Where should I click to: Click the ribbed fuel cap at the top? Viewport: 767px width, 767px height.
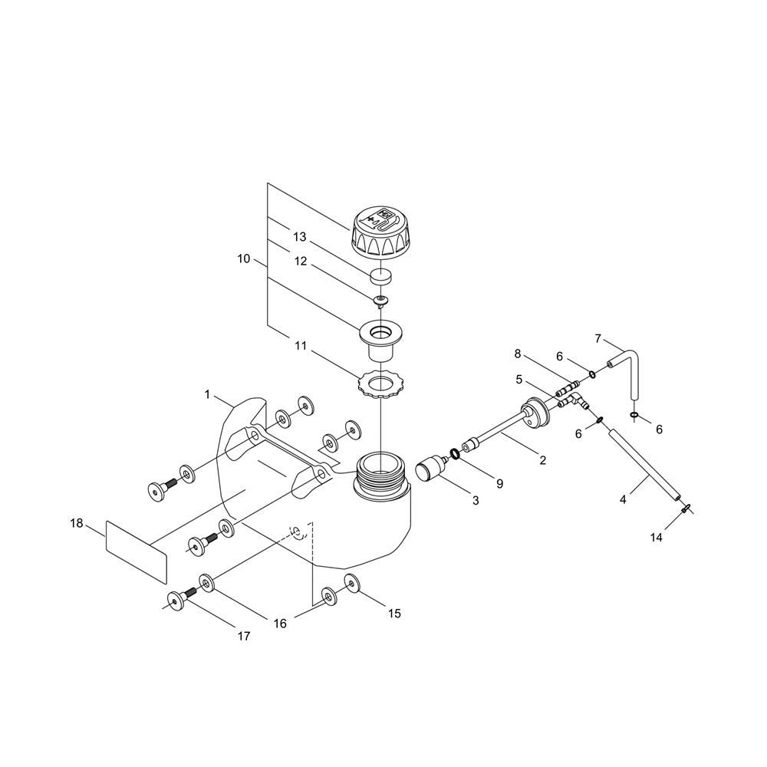pyautogui.click(x=379, y=233)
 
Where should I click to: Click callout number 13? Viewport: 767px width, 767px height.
pyautogui.click(x=299, y=237)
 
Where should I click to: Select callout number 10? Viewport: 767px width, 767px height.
pyautogui.click(x=244, y=258)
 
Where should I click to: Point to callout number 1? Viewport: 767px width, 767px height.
pyautogui.click(x=207, y=394)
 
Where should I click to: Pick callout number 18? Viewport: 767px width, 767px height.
pyautogui.click(x=76, y=523)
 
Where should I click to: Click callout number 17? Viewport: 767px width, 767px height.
pyautogui.click(x=244, y=636)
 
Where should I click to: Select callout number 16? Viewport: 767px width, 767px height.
pyautogui.click(x=280, y=624)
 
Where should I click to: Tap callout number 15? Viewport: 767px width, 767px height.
pyautogui.click(x=394, y=614)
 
